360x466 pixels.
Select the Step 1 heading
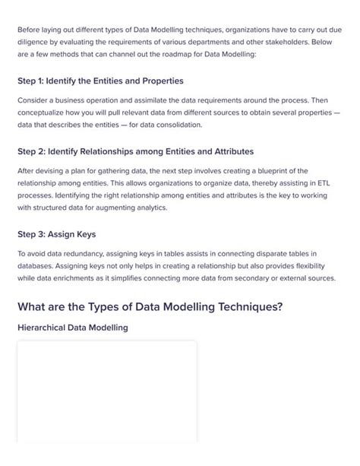pos(100,81)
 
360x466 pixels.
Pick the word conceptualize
pos(47,113)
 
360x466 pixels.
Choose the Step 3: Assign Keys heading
pos(67,234)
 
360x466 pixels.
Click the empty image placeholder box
pos(106,392)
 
